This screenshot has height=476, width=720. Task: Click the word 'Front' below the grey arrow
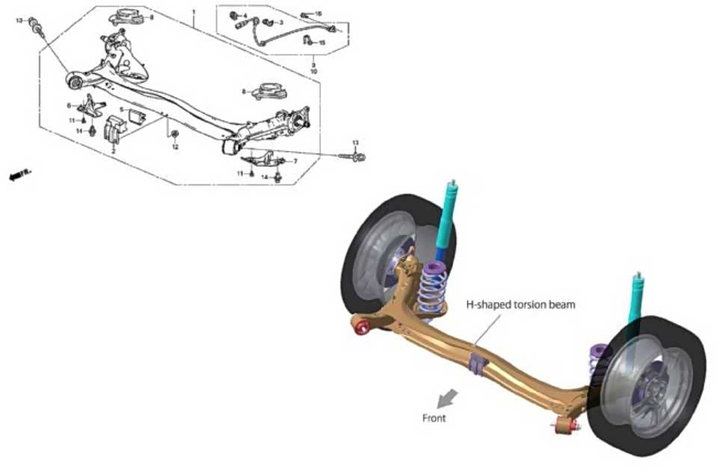(434, 418)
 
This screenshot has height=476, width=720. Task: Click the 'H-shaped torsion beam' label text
(521, 305)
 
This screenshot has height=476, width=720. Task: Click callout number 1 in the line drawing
(194, 13)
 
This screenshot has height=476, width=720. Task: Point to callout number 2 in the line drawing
(113, 151)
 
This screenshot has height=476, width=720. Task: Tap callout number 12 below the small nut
(176, 147)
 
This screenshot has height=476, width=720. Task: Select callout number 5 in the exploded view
(121, 110)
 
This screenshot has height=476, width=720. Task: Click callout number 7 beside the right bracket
(295, 161)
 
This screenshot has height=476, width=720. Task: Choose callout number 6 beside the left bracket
(69, 105)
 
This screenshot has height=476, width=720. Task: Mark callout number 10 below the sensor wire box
(313, 72)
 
